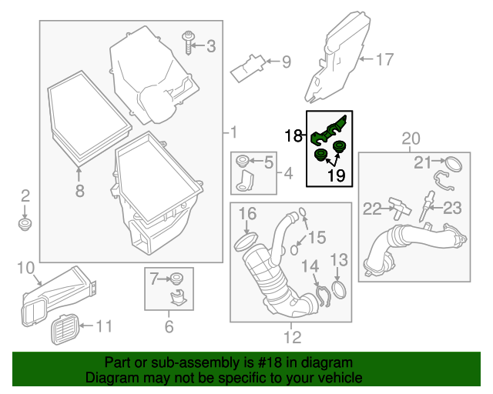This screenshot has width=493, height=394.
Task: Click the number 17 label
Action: coord(384,58)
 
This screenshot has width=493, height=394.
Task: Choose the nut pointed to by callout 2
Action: coord(25,224)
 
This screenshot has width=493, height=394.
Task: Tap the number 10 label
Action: coord(25,268)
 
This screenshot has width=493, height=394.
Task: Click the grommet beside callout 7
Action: coord(176,277)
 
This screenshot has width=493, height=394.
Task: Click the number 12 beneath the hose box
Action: coord(292,336)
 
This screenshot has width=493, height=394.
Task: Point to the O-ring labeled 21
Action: coord(454,163)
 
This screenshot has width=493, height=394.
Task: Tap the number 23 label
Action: coord(451,208)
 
